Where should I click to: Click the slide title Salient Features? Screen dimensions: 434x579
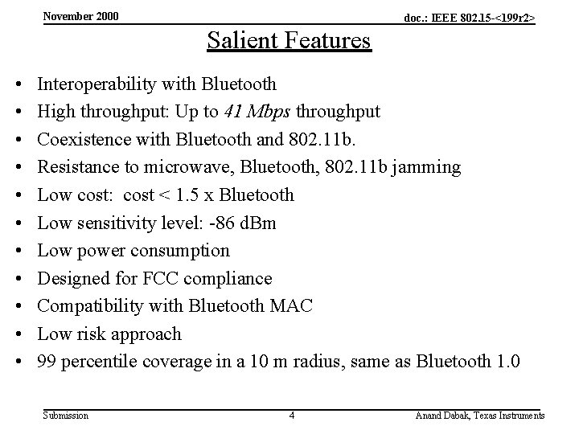point(289,39)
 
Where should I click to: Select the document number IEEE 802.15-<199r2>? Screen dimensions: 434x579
point(469,17)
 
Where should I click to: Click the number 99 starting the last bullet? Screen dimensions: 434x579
point(47,362)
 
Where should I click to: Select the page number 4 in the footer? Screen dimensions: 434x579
point(292,416)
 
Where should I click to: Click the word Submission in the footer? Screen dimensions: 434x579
point(66,416)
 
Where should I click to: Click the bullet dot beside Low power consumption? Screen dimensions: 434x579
point(17,251)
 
